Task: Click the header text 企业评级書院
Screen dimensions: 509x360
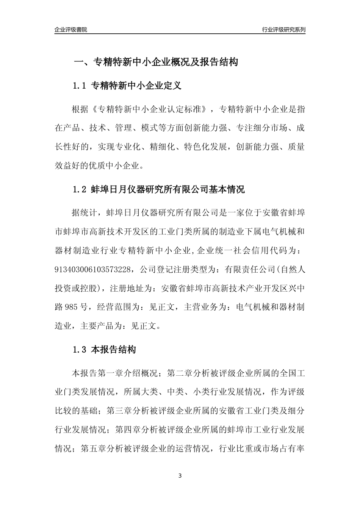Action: click(71, 30)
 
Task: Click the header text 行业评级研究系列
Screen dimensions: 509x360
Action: click(283, 30)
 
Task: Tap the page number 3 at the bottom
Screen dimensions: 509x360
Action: click(180, 476)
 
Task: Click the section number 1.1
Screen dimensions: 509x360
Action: click(80, 86)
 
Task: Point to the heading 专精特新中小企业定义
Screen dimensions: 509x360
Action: click(136, 86)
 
